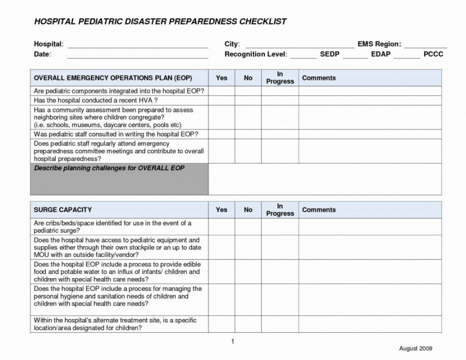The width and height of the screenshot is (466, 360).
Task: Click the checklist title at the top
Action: coord(160,22)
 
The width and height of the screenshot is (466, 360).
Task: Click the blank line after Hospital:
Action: coord(137,46)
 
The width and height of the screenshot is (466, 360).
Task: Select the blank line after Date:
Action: coord(137,56)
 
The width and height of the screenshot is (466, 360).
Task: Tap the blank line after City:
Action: coord(299,46)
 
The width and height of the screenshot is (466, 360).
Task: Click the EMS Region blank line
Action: coord(426,46)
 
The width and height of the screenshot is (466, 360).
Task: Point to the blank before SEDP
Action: coord(303,57)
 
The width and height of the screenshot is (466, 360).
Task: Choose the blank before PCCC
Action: coord(406,57)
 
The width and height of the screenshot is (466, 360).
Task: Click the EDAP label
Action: coord(381,54)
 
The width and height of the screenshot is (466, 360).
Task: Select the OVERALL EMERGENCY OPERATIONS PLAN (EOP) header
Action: coord(113,78)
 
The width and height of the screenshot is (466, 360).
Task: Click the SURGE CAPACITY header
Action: coord(63,210)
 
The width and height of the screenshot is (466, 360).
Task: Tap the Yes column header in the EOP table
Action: coord(221,78)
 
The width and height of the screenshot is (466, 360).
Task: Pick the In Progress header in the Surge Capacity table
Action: coord(279,210)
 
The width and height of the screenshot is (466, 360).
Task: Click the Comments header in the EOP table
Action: coord(318,78)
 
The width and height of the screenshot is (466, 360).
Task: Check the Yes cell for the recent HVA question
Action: coord(221,101)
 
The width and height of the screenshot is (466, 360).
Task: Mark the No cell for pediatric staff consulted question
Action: coord(248,134)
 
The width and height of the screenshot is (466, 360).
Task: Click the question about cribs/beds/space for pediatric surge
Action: coord(112,227)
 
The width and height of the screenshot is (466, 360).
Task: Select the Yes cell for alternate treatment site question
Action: coord(221,324)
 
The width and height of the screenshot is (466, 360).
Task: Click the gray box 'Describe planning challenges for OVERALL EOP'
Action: coord(119,179)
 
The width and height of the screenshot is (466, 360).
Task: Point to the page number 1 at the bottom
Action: coord(232,342)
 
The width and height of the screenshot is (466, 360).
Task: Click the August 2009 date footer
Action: coord(415,348)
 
